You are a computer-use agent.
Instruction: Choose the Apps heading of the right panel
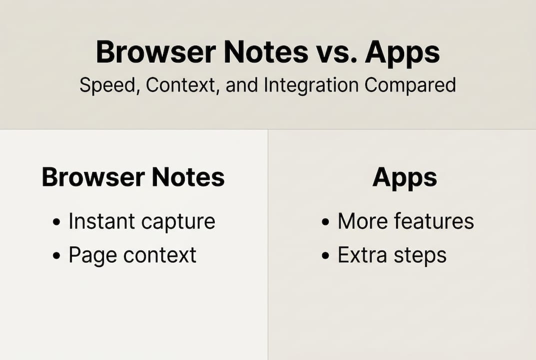(405, 177)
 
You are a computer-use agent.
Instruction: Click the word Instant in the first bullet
(102, 221)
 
